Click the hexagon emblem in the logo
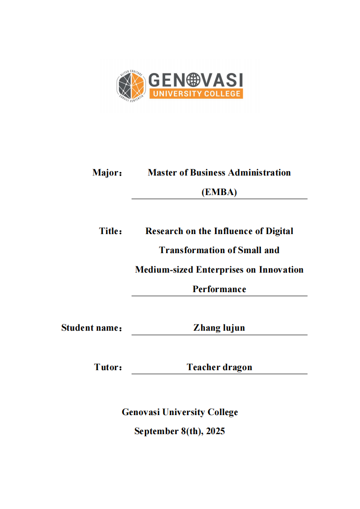click(131, 86)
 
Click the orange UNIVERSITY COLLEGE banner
click(196, 93)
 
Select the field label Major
click(107, 173)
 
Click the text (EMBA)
click(219, 192)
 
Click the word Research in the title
click(164, 231)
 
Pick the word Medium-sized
click(164, 269)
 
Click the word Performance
click(219, 289)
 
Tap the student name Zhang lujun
click(219, 328)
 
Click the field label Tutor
click(108, 367)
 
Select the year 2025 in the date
click(215, 431)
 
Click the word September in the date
click(154, 431)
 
